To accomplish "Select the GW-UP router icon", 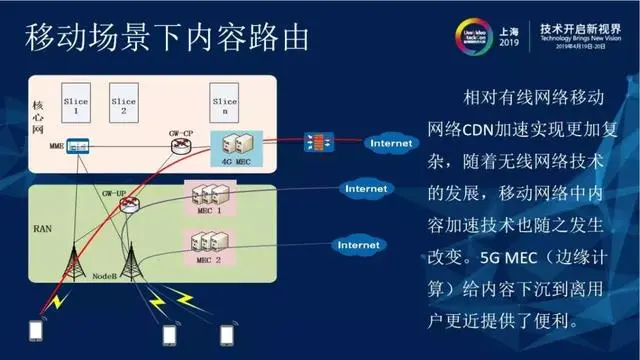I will (128, 206).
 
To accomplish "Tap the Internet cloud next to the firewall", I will (390, 143).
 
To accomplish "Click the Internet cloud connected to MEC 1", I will (364, 188).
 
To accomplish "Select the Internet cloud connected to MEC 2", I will (357, 244).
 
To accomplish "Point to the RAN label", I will (42, 229).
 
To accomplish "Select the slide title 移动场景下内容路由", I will (166, 40).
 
